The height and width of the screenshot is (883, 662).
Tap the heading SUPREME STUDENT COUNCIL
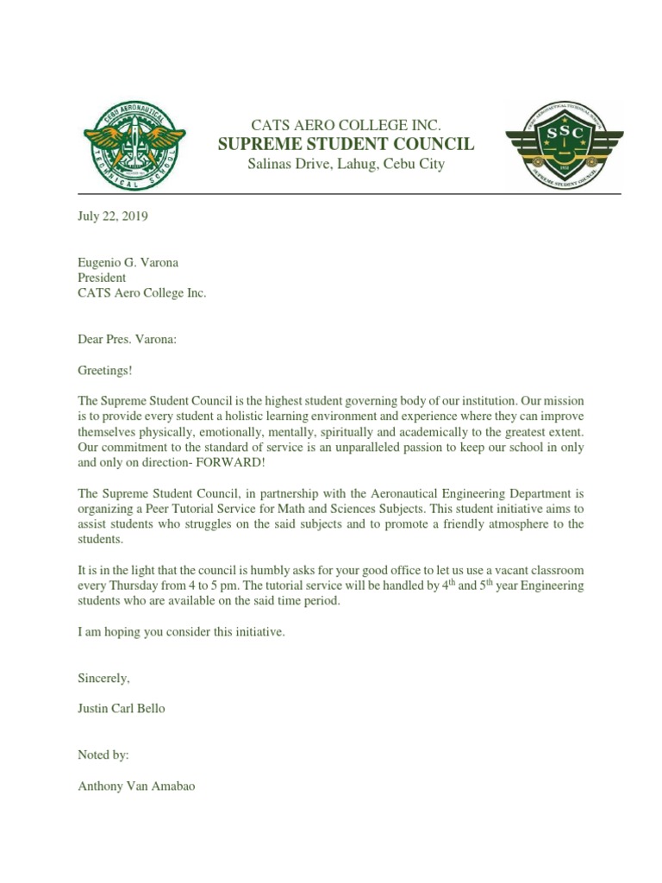tap(346, 143)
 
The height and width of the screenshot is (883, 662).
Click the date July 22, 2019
tap(113, 217)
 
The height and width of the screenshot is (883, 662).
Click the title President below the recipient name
tap(102, 278)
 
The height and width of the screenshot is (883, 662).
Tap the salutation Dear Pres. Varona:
tap(127, 339)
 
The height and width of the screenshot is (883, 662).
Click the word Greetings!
tap(106, 370)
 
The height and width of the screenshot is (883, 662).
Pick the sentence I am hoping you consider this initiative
tap(181, 632)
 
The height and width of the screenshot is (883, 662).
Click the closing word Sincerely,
tap(104, 679)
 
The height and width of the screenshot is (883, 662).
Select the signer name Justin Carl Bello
tap(121, 709)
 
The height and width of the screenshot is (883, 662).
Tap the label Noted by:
tap(103, 755)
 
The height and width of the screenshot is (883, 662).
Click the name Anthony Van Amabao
tap(136, 786)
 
